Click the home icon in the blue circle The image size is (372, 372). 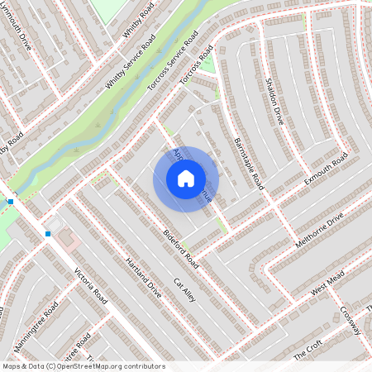(186, 179)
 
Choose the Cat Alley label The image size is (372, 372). (184, 289)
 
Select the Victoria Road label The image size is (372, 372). (91, 285)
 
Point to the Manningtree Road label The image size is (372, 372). (36, 327)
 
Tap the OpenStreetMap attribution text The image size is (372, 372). (83, 365)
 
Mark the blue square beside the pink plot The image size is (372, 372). (48, 234)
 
